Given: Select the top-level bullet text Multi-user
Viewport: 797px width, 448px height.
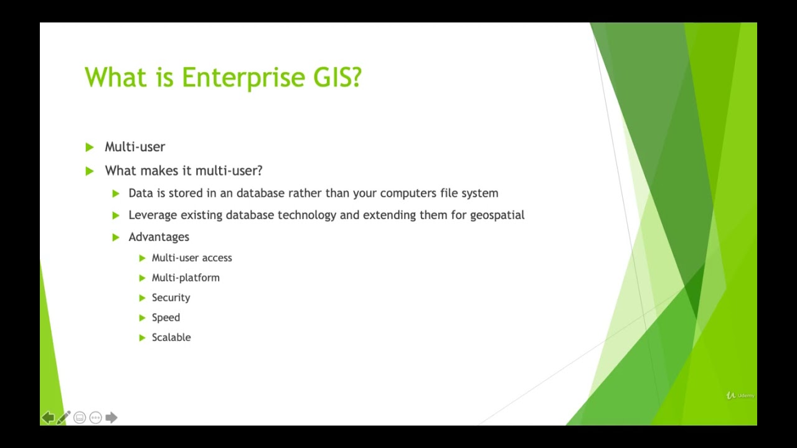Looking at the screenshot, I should point(134,147).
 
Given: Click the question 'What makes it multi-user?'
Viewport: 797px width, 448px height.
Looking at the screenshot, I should point(184,170).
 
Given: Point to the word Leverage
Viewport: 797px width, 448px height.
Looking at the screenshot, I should point(153,215).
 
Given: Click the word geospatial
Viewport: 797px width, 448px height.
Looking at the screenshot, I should point(497,215).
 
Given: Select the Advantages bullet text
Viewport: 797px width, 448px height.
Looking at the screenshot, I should point(159,237).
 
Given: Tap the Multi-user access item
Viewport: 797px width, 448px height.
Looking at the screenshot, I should point(192,258).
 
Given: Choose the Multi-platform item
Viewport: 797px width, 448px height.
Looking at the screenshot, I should point(186,278).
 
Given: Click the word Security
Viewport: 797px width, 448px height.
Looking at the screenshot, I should point(171,297).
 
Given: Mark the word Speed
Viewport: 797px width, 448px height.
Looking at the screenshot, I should point(166,317).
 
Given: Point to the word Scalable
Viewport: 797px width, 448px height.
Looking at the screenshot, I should point(171,337).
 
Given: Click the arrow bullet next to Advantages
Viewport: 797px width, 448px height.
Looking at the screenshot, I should point(116,237).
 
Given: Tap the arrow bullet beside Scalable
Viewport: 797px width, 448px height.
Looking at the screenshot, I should point(142,337).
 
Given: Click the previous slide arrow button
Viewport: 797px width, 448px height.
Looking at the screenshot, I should point(48,418).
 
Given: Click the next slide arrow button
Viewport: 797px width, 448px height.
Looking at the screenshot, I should point(111,418).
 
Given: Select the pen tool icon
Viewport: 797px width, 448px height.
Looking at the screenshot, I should point(64,418).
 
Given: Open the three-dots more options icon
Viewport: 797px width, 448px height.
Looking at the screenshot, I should point(95,418).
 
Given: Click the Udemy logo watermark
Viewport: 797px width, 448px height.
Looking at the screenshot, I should point(740,395).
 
